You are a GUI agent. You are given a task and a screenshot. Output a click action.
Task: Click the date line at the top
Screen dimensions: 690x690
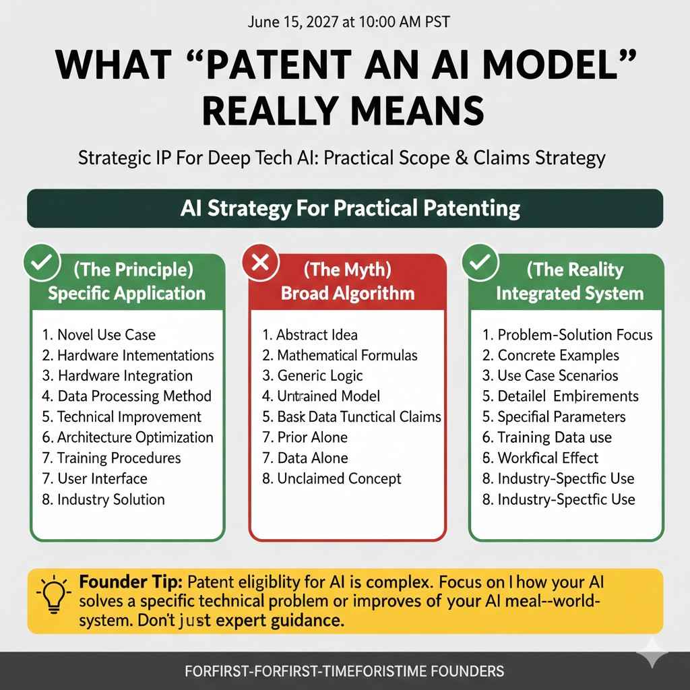coord(344,22)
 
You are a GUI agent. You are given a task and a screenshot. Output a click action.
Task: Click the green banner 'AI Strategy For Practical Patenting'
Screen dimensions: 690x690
coord(344,208)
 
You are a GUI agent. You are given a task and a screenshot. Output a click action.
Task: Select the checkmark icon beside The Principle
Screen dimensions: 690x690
coord(40,262)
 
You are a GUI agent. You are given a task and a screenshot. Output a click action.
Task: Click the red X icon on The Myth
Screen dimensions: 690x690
coord(259,262)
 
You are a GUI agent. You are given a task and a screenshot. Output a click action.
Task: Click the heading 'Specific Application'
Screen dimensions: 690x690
coord(127,293)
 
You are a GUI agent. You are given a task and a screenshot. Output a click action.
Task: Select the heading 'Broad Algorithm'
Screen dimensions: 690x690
coord(347,293)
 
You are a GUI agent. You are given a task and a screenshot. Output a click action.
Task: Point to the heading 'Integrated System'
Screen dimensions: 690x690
coord(569,293)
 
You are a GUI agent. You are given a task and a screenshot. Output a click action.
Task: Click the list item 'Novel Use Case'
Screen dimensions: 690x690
coord(106,334)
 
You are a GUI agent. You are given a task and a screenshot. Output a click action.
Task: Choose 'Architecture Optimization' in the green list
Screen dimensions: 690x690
coord(134,437)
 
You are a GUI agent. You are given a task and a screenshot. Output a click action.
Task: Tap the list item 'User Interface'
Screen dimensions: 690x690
coord(101,478)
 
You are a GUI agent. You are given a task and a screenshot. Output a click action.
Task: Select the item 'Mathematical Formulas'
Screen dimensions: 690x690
coord(347,355)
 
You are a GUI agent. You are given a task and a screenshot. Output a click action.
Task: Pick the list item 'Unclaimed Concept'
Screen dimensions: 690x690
coord(339,478)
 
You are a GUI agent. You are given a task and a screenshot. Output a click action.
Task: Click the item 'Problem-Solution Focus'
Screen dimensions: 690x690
coord(575,334)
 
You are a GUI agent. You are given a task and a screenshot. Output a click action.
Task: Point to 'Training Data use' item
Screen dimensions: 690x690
coord(554,437)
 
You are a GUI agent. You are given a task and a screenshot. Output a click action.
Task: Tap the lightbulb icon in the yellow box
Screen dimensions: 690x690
coord(53,594)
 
